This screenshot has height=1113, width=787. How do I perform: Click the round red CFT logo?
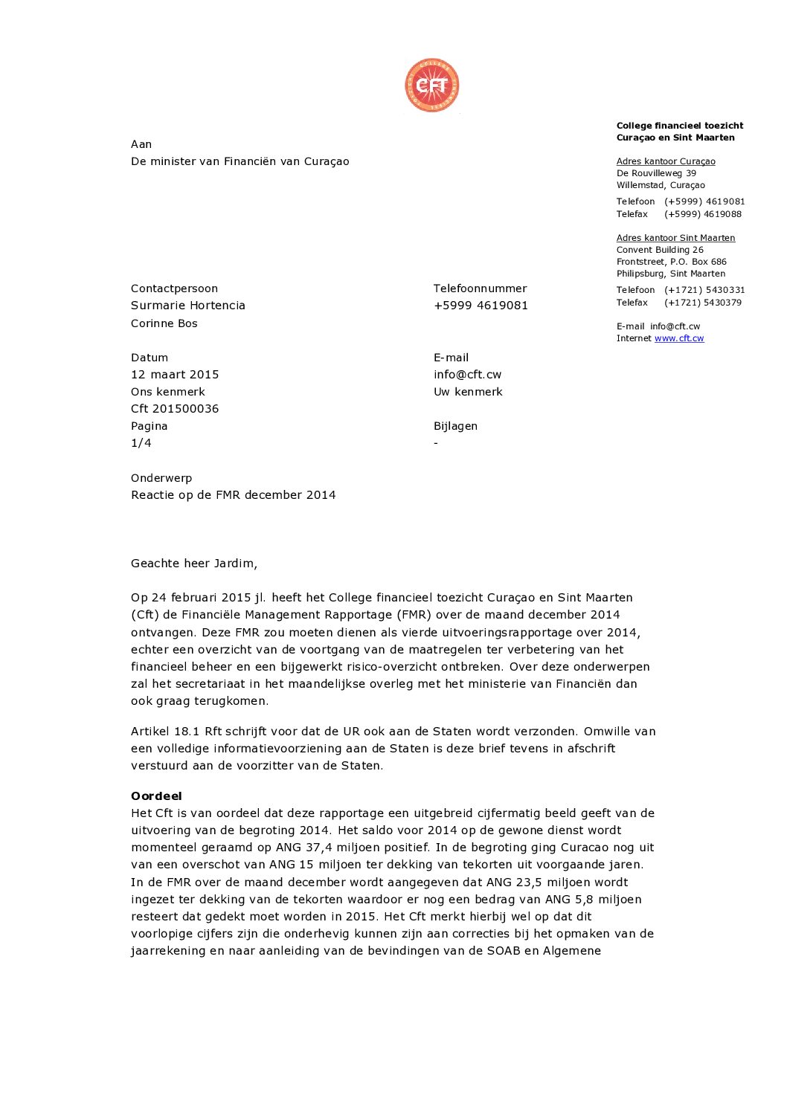[x=431, y=86]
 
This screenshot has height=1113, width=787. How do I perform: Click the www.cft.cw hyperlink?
[x=678, y=338]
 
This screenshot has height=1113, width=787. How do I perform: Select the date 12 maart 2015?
[x=175, y=375]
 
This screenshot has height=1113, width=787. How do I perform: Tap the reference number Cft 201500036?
[x=175, y=409]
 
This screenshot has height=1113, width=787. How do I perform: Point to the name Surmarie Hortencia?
[x=187, y=306]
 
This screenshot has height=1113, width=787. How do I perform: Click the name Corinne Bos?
[x=164, y=323]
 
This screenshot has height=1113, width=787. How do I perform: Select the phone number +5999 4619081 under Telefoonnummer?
[x=481, y=306]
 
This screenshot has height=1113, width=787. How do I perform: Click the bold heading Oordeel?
[x=156, y=796]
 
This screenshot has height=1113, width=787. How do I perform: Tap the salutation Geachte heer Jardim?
[x=193, y=564]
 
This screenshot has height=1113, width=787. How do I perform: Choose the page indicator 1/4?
[x=141, y=443]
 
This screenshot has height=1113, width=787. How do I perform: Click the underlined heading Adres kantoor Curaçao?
[x=666, y=161]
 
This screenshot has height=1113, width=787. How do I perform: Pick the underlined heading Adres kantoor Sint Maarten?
[x=675, y=238]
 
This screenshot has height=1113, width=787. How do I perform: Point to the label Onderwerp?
[x=161, y=478]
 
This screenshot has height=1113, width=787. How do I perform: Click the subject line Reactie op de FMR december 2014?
[x=233, y=495]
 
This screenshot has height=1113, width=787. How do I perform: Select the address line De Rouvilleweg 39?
[x=656, y=173]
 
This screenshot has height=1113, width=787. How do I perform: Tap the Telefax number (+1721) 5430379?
[x=702, y=303]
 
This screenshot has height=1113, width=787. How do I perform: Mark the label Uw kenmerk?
[x=468, y=392]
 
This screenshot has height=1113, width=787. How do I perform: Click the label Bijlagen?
[x=455, y=426]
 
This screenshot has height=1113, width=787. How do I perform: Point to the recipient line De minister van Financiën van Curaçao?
[x=240, y=161]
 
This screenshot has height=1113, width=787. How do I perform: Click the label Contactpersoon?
[x=174, y=288]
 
